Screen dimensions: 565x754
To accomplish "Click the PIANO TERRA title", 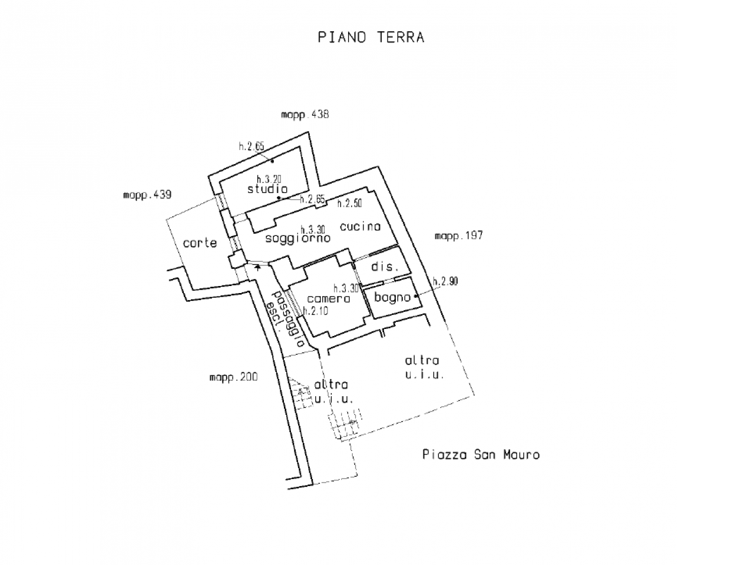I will pyautogui.click(x=371, y=37).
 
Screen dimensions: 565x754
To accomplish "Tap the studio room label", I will pyautogui.click(x=267, y=189).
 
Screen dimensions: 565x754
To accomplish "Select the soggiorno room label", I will pyautogui.click(x=297, y=238).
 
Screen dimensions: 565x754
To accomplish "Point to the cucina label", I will pyautogui.click(x=360, y=226).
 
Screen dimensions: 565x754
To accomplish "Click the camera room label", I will pyautogui.click(x=329, y=298).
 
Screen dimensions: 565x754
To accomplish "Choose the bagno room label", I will pyautogui.click(x=392, y=297).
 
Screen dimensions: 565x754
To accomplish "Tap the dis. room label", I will pyautogui.click(x=385, y=267).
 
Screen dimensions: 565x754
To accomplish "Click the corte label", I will pyautogui.click(x=200, y=242).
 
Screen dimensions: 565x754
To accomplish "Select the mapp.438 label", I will pyautogui.click(x=305, y=115).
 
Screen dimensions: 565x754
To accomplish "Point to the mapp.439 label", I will pyautogui.click(x=147, y=194).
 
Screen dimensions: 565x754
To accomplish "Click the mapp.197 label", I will pyautogui.click(x=459, y=235).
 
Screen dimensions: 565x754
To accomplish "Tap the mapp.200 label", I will pyautogui.click(x=233, y=377).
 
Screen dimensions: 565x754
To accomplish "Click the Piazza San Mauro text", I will pyautogui.click(x=481, y=454).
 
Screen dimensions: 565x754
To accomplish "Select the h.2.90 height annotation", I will pyautogui.click(x=445, y=282).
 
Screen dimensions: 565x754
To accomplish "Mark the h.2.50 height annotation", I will pyautogui.click(x=349, y=203).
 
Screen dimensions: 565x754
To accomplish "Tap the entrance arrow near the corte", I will pyautogui.click(x=257, y=268).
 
